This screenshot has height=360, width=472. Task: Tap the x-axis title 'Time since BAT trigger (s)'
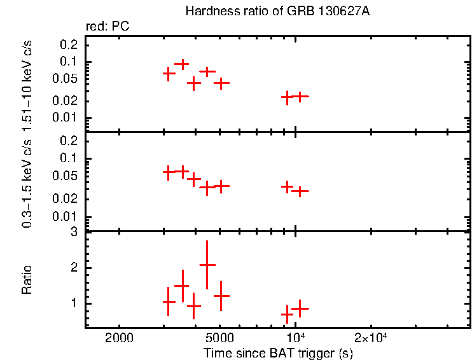tap(278, 352)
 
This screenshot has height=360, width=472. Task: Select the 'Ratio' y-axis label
tap(27, 280)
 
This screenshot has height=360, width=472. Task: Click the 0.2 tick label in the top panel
tap(69, 45)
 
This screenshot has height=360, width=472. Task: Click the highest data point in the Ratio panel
tap(207, 265)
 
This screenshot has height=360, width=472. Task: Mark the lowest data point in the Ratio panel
tap(288, 314)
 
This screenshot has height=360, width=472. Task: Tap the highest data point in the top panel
tap(182, 64)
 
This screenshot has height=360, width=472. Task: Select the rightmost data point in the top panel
tap(300, 96)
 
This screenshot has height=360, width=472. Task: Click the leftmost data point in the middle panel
tap(169, 172)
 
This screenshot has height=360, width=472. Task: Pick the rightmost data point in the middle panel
tap(300, 191)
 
